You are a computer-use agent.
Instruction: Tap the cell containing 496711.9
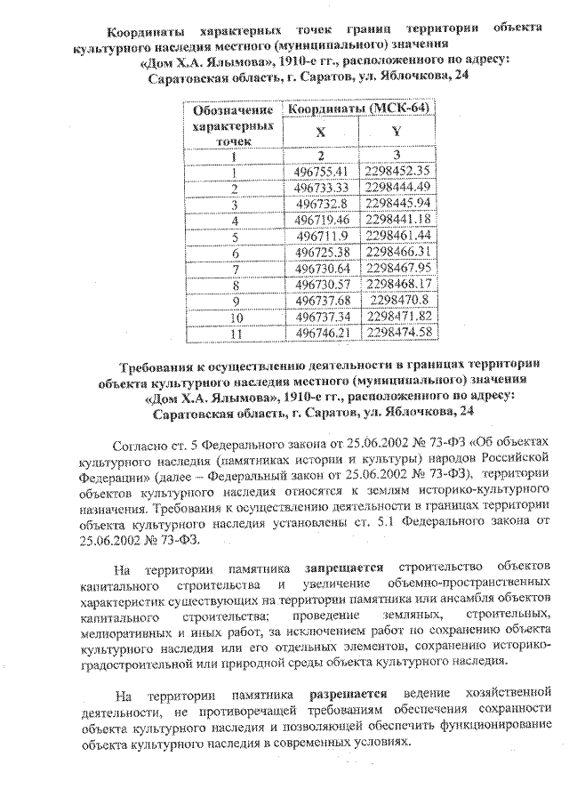(x=329, y=236)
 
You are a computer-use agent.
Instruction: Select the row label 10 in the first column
(x=235, y=317)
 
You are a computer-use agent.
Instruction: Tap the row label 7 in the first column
(x=235, y=269)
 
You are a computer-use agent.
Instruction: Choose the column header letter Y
(x=397, y=131)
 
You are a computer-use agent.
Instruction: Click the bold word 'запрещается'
(x=346, y=566)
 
